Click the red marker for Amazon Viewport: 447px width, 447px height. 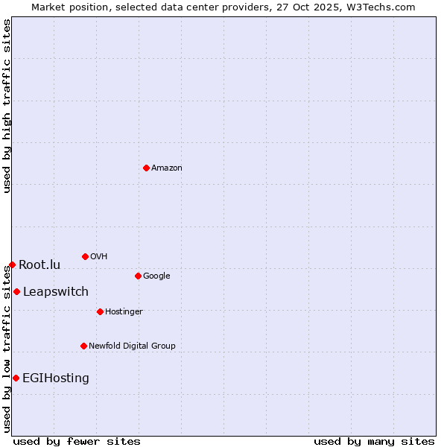(146, 168)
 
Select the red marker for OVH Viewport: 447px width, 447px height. (85, 256)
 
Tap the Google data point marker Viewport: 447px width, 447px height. (138, 276)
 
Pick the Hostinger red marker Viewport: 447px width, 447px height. (100, 311)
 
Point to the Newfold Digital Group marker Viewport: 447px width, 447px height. (83, 346)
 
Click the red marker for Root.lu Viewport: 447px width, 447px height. (12, 264)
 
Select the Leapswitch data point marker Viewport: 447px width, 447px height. (16, 291)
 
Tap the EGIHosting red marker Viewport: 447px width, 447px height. (16, 378)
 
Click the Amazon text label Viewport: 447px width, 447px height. (166, 168)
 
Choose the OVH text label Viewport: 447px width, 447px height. (98, 257)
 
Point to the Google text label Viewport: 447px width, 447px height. (156, 276)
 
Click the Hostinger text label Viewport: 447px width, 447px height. (124, 311)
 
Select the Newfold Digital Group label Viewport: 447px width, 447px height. (132, 346)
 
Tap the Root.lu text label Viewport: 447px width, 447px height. (39, 265)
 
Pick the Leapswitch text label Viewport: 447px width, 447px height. (55, 292)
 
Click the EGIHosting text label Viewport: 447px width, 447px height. (55, 378)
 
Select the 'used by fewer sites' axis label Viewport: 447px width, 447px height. (77, 441)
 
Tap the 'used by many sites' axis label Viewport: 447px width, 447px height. (374, 441)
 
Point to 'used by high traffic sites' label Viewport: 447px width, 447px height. (7, 106)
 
